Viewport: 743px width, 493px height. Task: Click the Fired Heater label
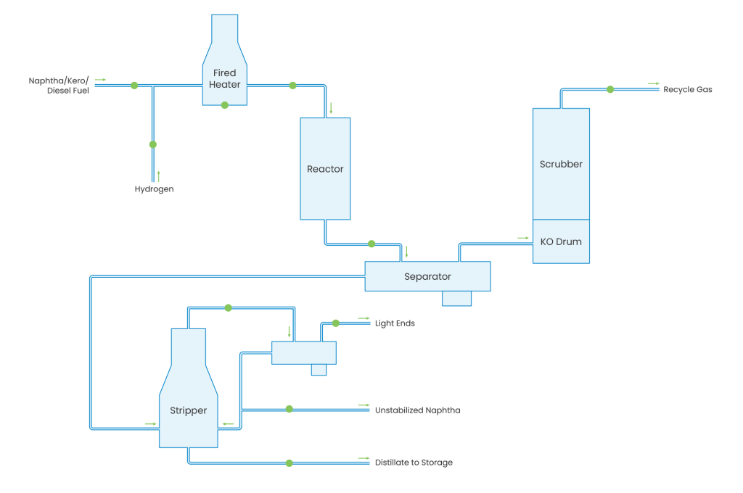click(224, 78)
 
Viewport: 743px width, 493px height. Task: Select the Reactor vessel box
click(325, 169)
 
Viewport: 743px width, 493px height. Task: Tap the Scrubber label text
click(561, 164)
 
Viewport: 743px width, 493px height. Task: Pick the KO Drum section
click(561, 241)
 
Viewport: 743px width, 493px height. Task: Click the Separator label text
click(427, 276)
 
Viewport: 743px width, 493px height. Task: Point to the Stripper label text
click(188, 410)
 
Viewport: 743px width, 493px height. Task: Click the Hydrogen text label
click(154, 189)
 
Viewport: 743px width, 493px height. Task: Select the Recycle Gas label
click(688, 90)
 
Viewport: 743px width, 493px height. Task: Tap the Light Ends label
click(395, 323)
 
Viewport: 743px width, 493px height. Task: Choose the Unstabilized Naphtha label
click(417, 410)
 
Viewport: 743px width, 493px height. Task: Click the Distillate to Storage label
click(414, 463)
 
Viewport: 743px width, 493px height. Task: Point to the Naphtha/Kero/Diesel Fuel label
click(59, 86)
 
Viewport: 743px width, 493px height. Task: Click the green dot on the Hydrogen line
click(152, 144)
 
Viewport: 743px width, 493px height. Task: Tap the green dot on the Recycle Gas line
click(610, 89)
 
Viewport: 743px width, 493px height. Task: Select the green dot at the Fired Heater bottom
click(224, 106)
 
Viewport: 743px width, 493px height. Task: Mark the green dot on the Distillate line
click(289, 463)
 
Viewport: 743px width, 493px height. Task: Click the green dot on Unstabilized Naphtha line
click(289, 410)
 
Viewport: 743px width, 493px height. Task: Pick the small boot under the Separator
click(456, 298)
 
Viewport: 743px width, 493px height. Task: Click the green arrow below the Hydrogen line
click(158, 175)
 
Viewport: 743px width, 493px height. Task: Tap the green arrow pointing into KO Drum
click(522, 237)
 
